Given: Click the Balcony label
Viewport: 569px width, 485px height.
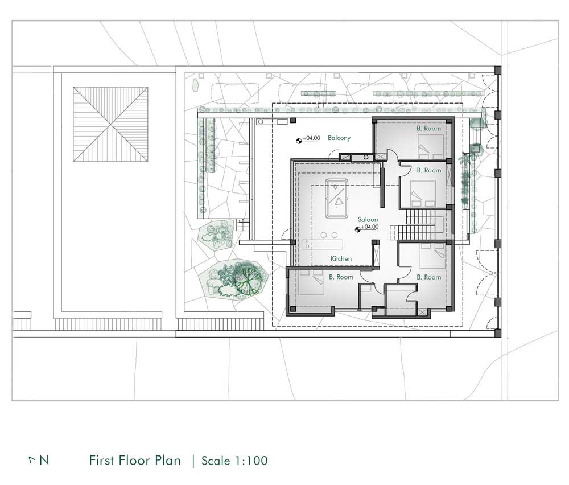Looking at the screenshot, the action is pos(339,138).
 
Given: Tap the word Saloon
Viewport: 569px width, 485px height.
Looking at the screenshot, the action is pos(368,220).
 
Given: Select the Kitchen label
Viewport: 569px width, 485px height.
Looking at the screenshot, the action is pos(341,258).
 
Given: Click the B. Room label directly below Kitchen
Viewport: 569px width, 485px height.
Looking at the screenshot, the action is pos(341,277).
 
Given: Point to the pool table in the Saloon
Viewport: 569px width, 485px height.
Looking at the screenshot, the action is pos(337,199).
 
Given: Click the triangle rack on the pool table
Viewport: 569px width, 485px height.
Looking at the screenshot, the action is pos(339,202).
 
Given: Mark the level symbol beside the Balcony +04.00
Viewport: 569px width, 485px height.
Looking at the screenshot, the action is pos(299,140).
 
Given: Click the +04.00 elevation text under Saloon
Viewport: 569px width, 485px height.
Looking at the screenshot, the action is pos(370,227).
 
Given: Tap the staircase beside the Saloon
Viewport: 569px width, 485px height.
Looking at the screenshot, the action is pos(420,225).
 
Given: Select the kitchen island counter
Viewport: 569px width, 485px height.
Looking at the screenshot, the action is pos(322,244).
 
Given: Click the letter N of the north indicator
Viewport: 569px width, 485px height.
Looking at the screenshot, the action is pos(44,461).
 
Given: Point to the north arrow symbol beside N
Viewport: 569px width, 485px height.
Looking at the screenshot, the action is pos(32,460).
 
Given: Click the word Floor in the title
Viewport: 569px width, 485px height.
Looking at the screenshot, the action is pos(135,461).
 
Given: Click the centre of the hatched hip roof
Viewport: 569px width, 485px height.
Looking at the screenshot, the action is pos(111,124).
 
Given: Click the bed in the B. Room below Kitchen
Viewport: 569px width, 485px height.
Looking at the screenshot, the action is pos(311,282).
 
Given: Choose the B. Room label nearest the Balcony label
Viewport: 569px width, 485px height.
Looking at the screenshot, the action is pos(428,129).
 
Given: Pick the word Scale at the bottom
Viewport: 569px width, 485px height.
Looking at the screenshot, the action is pos(216,461).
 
